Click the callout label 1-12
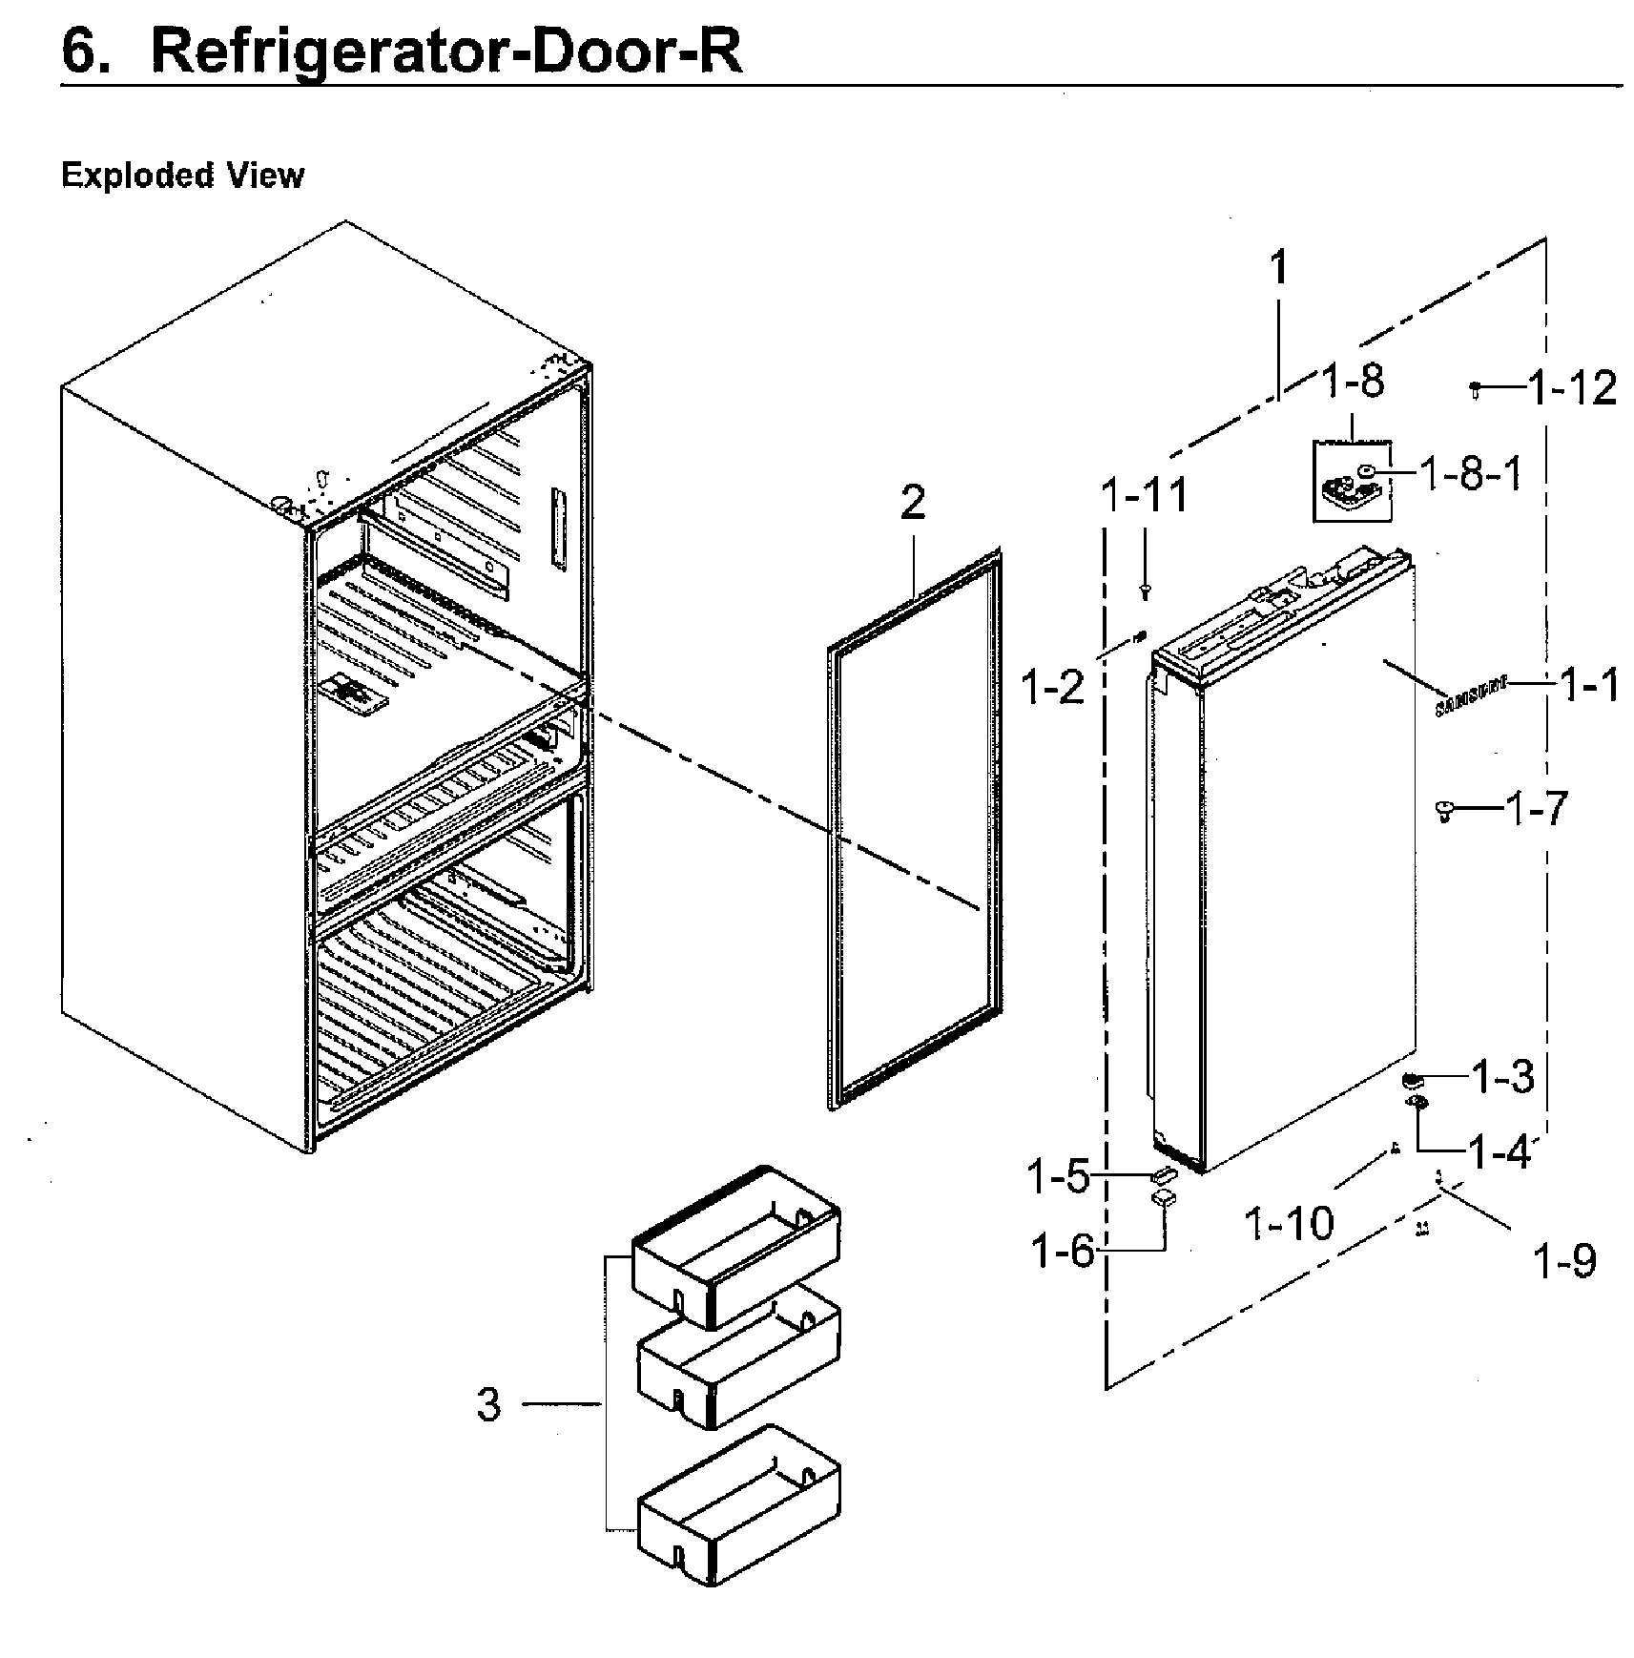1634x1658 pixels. coord(1572,389)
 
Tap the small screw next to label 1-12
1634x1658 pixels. coord(1475,388)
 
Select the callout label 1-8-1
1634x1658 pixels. coord(1471,474)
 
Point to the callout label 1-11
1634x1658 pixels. coord(1145,495)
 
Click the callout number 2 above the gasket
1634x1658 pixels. coord(913,503)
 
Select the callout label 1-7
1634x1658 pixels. coord(1536,809)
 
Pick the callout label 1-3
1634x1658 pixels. coord(1502,1077)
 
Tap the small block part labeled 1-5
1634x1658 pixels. coord(1164,1174)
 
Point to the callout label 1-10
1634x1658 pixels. coord(1289,1223)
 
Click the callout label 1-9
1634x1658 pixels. coord(1563,1261)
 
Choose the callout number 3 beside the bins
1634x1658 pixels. coord(488,1404)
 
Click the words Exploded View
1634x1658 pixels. coord(182,176)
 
